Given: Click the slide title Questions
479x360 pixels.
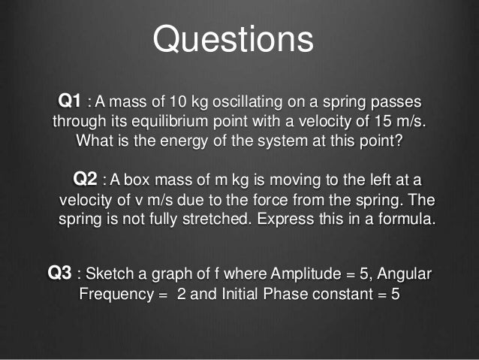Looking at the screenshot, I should (233, 38).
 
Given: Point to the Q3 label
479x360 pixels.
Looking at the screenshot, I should (59, 272).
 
